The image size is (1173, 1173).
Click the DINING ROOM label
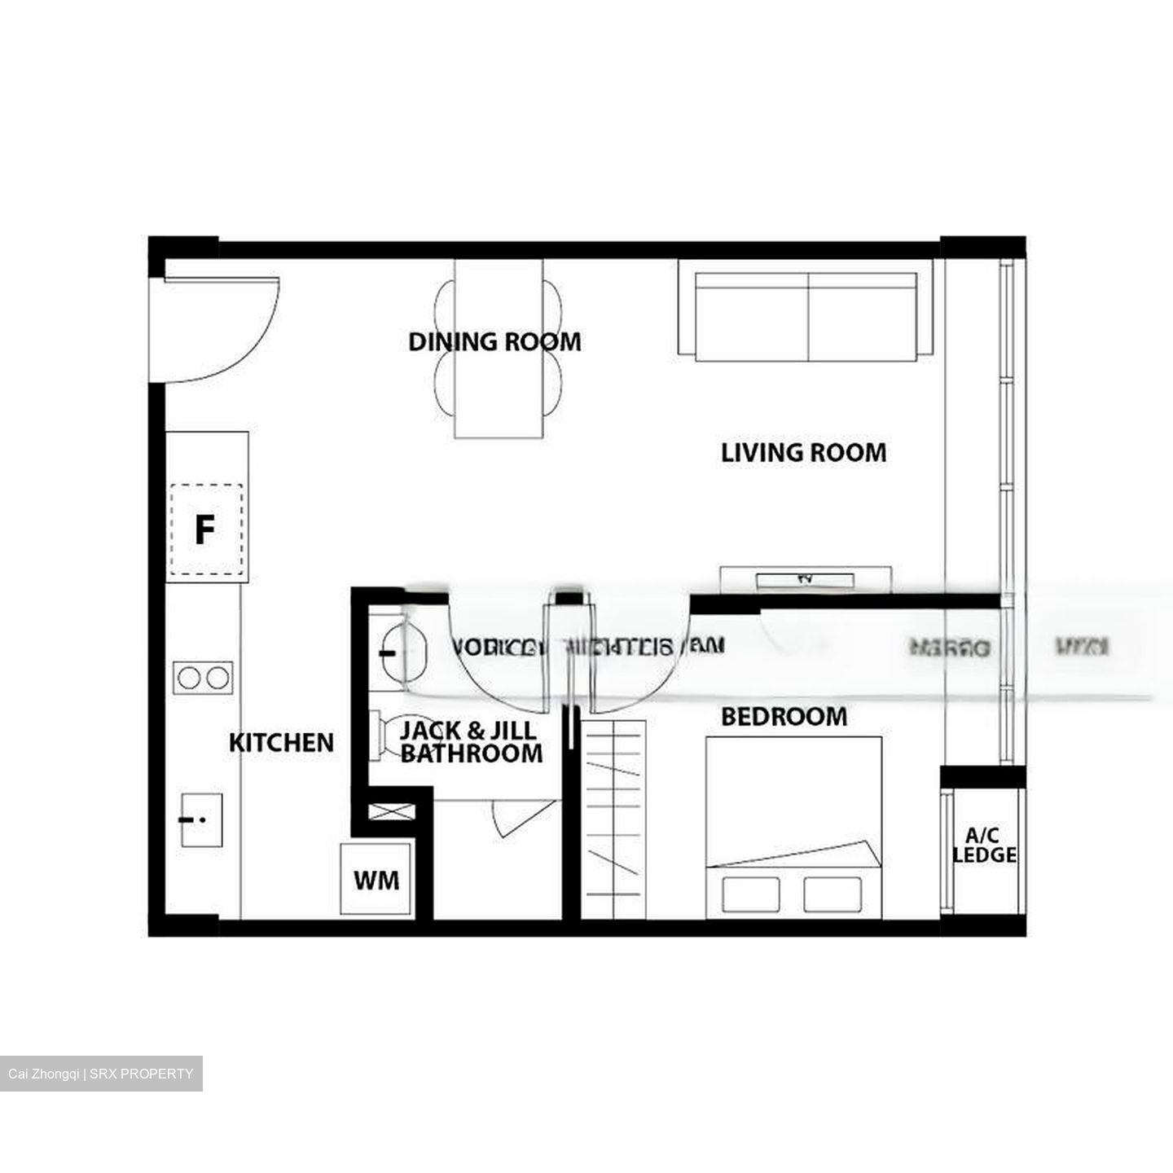[494, 341]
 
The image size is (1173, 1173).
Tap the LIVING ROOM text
[803, 453]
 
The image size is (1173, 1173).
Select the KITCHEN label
[281, 743]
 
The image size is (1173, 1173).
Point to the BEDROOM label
[784, 717]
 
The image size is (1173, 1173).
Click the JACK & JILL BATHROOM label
[470, 742]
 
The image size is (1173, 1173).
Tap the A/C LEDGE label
[984, 846]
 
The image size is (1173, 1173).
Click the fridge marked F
[205, 530]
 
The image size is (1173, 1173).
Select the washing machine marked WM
[376, 880]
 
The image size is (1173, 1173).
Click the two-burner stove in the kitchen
[204, 678]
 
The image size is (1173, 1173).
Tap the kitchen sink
[201, 819]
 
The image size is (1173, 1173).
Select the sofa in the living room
[805, 316]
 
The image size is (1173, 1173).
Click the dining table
[499, 349]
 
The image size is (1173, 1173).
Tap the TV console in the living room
[805, 579]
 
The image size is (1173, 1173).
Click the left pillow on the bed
[749, 894]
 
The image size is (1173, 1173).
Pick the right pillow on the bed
[833, 894]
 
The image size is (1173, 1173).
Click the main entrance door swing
[220, 326]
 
